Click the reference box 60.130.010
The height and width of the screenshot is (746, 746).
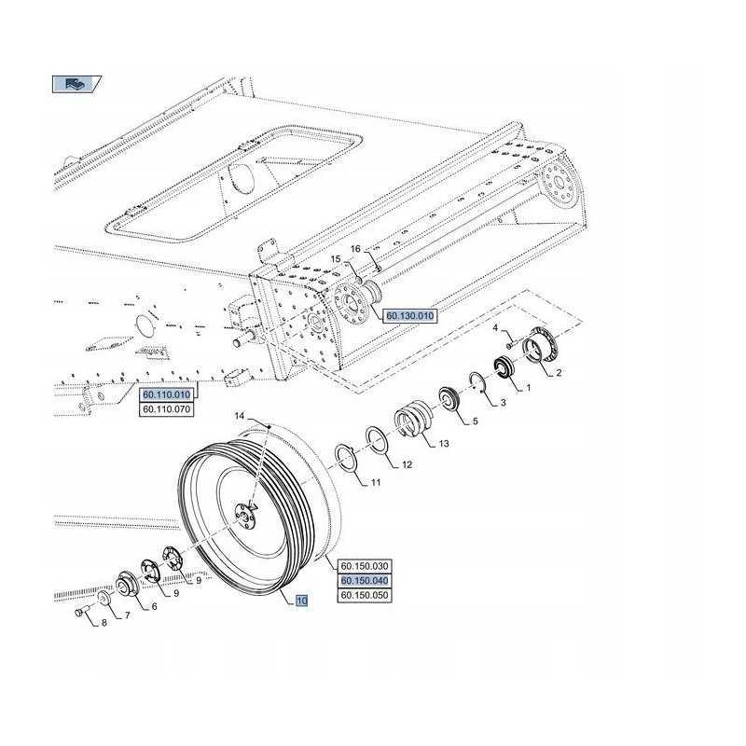[x=409, y=317]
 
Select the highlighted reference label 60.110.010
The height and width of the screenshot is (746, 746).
[x=165, y=394]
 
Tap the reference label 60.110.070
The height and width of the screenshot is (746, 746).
[x=165, y=408]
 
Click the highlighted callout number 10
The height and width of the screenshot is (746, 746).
[x=301, y=601]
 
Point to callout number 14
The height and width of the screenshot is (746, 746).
[x=239, y=416]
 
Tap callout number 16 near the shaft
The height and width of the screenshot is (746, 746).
[x=354, y=249]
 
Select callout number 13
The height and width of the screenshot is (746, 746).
[x=444, y=443]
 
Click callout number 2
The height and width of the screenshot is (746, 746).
[x=559, y=373]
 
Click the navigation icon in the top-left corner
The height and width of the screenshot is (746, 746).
[x=72, y=84]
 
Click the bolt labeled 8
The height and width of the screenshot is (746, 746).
[x=81, y=613]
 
